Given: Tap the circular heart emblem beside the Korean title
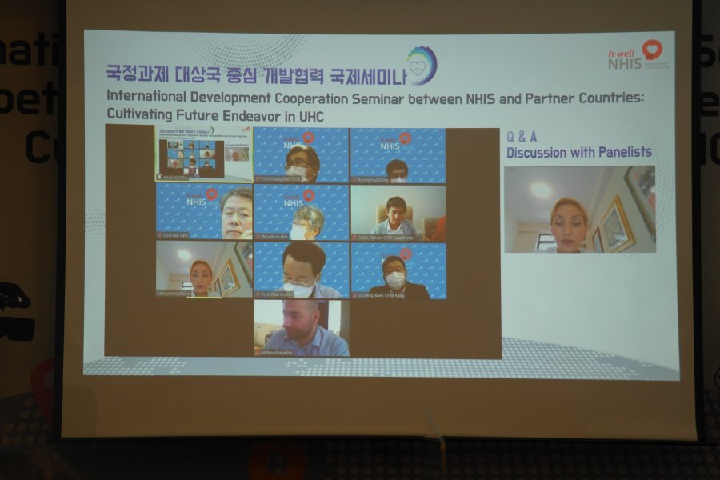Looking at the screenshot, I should click(421, 66).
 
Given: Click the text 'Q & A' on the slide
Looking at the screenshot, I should click(522, 136).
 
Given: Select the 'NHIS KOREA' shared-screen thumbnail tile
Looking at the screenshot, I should click(203, 154).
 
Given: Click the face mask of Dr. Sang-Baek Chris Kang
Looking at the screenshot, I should click(395, 280).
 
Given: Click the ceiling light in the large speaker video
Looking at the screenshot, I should click(541, 190).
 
